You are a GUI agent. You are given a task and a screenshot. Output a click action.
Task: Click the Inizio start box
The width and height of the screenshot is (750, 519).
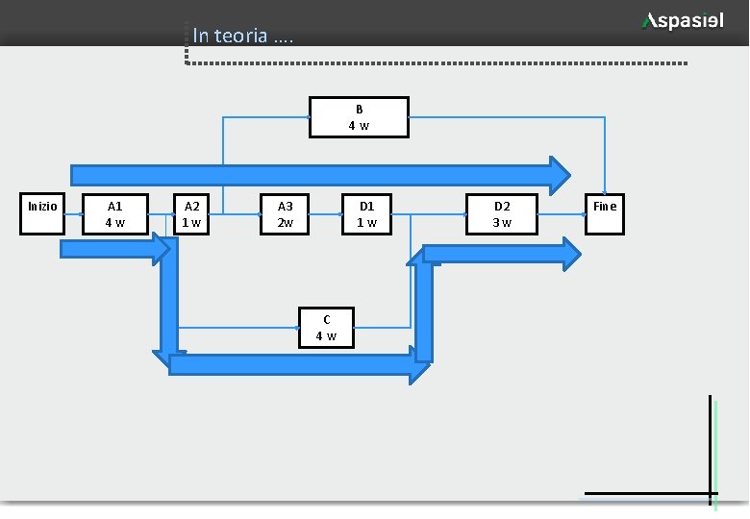pyautogui.click(x=42, y=213)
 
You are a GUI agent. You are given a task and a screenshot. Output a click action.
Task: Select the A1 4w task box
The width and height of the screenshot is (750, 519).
pyautogui.click(x=114, y=213)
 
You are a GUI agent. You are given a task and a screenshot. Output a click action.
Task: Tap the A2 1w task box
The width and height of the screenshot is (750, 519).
pyautogui.click(x=192, y=213)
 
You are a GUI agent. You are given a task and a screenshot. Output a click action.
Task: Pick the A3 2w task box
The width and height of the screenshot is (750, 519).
pyautogui.click(x=286, y=213)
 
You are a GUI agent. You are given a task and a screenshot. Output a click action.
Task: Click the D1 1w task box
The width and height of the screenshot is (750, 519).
pyautogui.click(x=367, y=213)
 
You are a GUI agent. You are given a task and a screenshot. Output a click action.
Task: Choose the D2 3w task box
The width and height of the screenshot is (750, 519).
pyautogui.click(x=502, y=213)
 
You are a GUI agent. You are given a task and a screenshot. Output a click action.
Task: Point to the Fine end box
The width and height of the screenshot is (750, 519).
pyautogui.click(x=605, y=213)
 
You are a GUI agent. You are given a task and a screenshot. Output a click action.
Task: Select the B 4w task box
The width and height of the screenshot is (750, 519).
pyautogui.click(x=359, y=117)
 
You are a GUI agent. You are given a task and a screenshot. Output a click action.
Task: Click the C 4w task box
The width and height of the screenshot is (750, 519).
pyautogui.click(x=327, y=328)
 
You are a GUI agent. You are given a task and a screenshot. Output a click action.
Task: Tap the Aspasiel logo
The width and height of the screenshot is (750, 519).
pyautogui.click(x=683, y=21)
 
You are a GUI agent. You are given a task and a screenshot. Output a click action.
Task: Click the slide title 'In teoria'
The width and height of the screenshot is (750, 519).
pyautogui.click(x=241, y=37)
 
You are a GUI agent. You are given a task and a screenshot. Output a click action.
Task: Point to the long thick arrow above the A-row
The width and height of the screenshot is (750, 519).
pyautogui.click(x=317, y=174)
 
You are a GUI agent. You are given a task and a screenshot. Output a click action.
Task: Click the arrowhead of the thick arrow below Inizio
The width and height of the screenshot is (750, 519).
pyautogui.click(x=162, y=250)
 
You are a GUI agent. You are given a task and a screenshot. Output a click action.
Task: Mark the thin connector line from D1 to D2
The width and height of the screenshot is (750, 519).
pyautogui.click(x=433, y=213)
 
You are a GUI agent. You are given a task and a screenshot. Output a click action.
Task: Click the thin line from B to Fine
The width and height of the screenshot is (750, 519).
pyautogui.click(x=510, y=117)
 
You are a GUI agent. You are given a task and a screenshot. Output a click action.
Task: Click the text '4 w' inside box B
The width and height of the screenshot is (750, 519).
pyautogui.click(x=359, y=126)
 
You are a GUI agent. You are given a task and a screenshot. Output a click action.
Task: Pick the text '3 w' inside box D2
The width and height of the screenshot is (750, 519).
pyautogui.click(x=502, y=222)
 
